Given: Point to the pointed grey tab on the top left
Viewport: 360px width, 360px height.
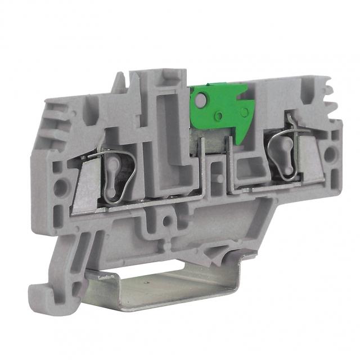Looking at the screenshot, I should [x=119, y=84].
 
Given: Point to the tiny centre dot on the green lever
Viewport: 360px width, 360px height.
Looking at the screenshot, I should [x=220, y=115].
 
